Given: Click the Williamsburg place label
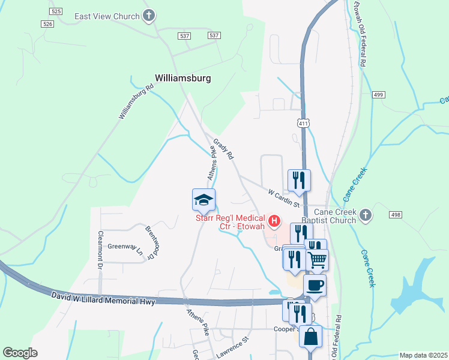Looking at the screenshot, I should coord(182,78).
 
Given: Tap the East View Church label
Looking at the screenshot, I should coord(107,16).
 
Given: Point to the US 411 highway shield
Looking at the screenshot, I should coord(304,123).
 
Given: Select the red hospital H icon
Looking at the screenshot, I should coord(274,222).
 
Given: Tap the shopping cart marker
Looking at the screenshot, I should coord(317,260).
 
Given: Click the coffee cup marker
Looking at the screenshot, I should coord(315,286).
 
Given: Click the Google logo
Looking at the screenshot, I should coord(20,353).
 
